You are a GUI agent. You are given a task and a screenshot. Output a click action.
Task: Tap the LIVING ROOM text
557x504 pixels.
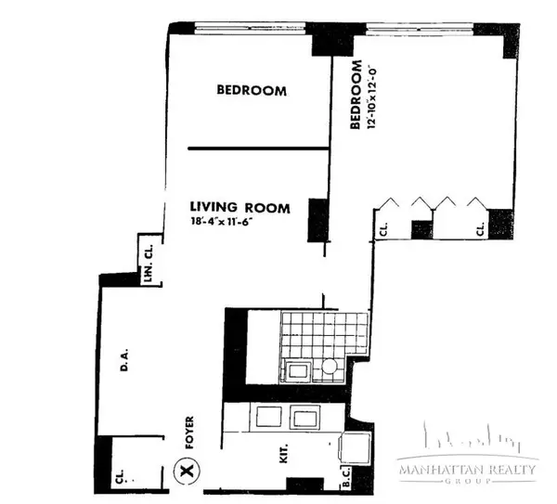240,207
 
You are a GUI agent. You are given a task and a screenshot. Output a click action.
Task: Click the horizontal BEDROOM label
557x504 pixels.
251,91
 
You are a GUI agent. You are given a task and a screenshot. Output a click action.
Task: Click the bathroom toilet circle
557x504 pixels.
328,368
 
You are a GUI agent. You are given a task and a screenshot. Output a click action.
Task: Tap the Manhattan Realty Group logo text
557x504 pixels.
467,471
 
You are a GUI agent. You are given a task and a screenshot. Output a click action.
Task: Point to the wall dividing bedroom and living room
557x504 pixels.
259,148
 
